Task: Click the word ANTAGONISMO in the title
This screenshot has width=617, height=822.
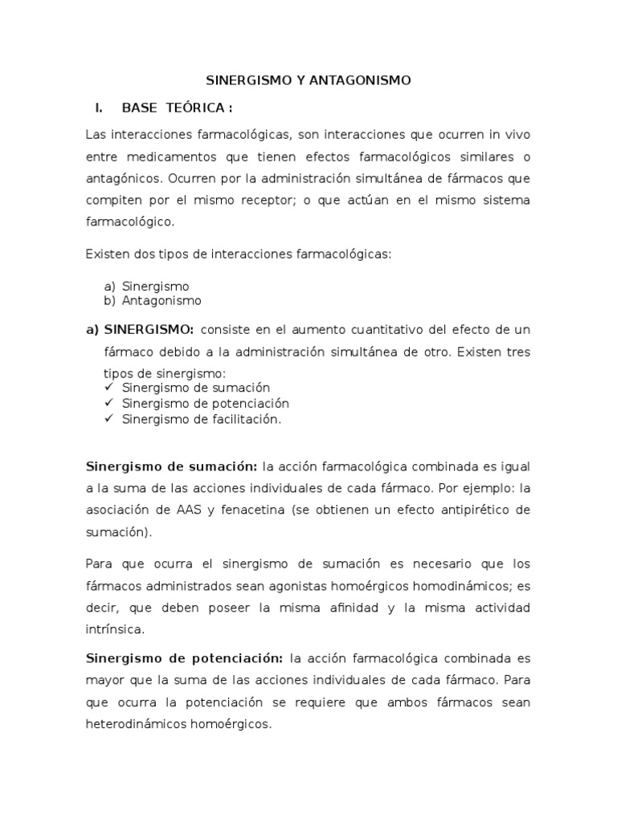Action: coord(366,80)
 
